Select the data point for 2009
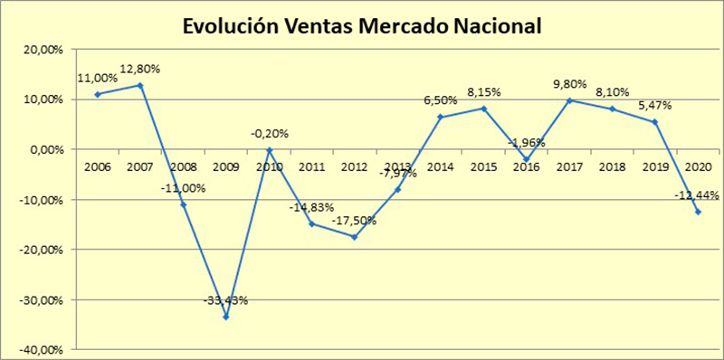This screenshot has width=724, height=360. (x=225, y=317)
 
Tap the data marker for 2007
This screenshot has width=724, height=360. (x=140, y=85)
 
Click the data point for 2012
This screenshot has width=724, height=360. (x=354, y=237)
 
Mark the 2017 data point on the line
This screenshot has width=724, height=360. (x=567, y=100)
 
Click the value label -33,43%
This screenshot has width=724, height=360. (x=225, y=300)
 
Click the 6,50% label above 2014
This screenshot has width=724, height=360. (x=440, y=100)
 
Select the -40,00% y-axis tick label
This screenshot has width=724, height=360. (x=43, y=350)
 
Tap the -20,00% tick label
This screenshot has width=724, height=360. (x=43, y=250)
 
